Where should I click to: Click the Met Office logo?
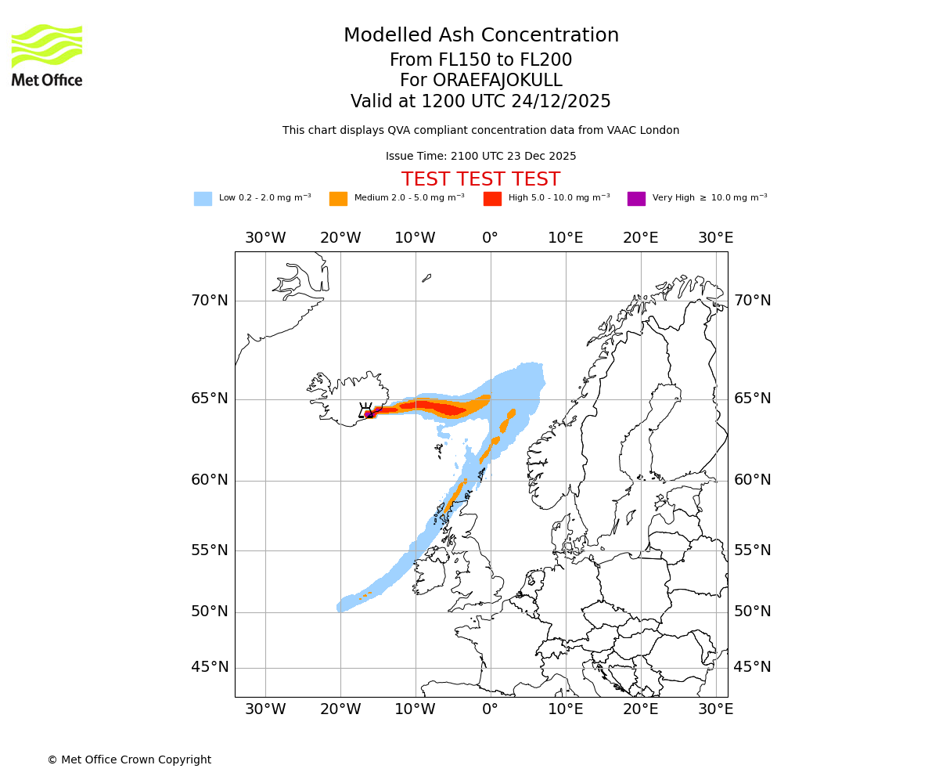tap(47, 55)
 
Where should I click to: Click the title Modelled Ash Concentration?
tap(480, 35)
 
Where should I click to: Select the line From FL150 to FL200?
tap(480, 60)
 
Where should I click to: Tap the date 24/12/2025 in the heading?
tap(561, 102)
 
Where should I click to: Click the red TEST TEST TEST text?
tap(480, 179)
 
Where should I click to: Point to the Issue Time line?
tap(480, 156)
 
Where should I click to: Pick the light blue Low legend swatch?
tap(203, 198)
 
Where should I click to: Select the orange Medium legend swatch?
tap(338, 198)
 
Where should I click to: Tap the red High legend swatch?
tap(492, 198)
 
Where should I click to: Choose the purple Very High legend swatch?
tap(636, 198)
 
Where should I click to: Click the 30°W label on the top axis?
tap(265, 237)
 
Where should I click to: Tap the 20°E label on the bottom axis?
tap(641, 709)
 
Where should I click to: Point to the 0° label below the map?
tap(491, 709)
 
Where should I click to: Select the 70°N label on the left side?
tap(210, 301)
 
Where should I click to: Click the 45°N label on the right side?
tap(752, 667)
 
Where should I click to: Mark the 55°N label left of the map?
tap(210, 550)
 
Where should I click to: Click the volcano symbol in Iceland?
tap(365, 410)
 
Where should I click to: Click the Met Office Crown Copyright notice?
tap(129, 760)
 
